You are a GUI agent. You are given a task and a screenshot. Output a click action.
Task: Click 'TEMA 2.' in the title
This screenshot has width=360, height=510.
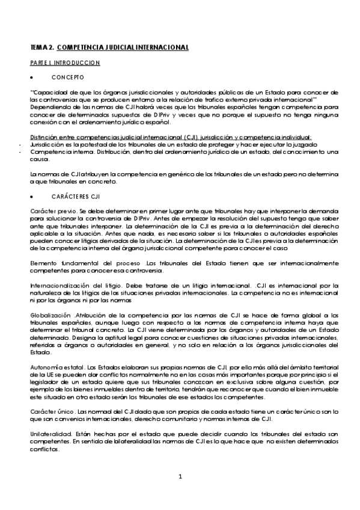point(42,46)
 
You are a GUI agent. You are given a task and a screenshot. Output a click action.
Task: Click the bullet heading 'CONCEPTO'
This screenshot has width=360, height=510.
point(72,78)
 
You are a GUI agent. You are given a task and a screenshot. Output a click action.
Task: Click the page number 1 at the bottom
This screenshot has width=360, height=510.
point(180,477)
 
